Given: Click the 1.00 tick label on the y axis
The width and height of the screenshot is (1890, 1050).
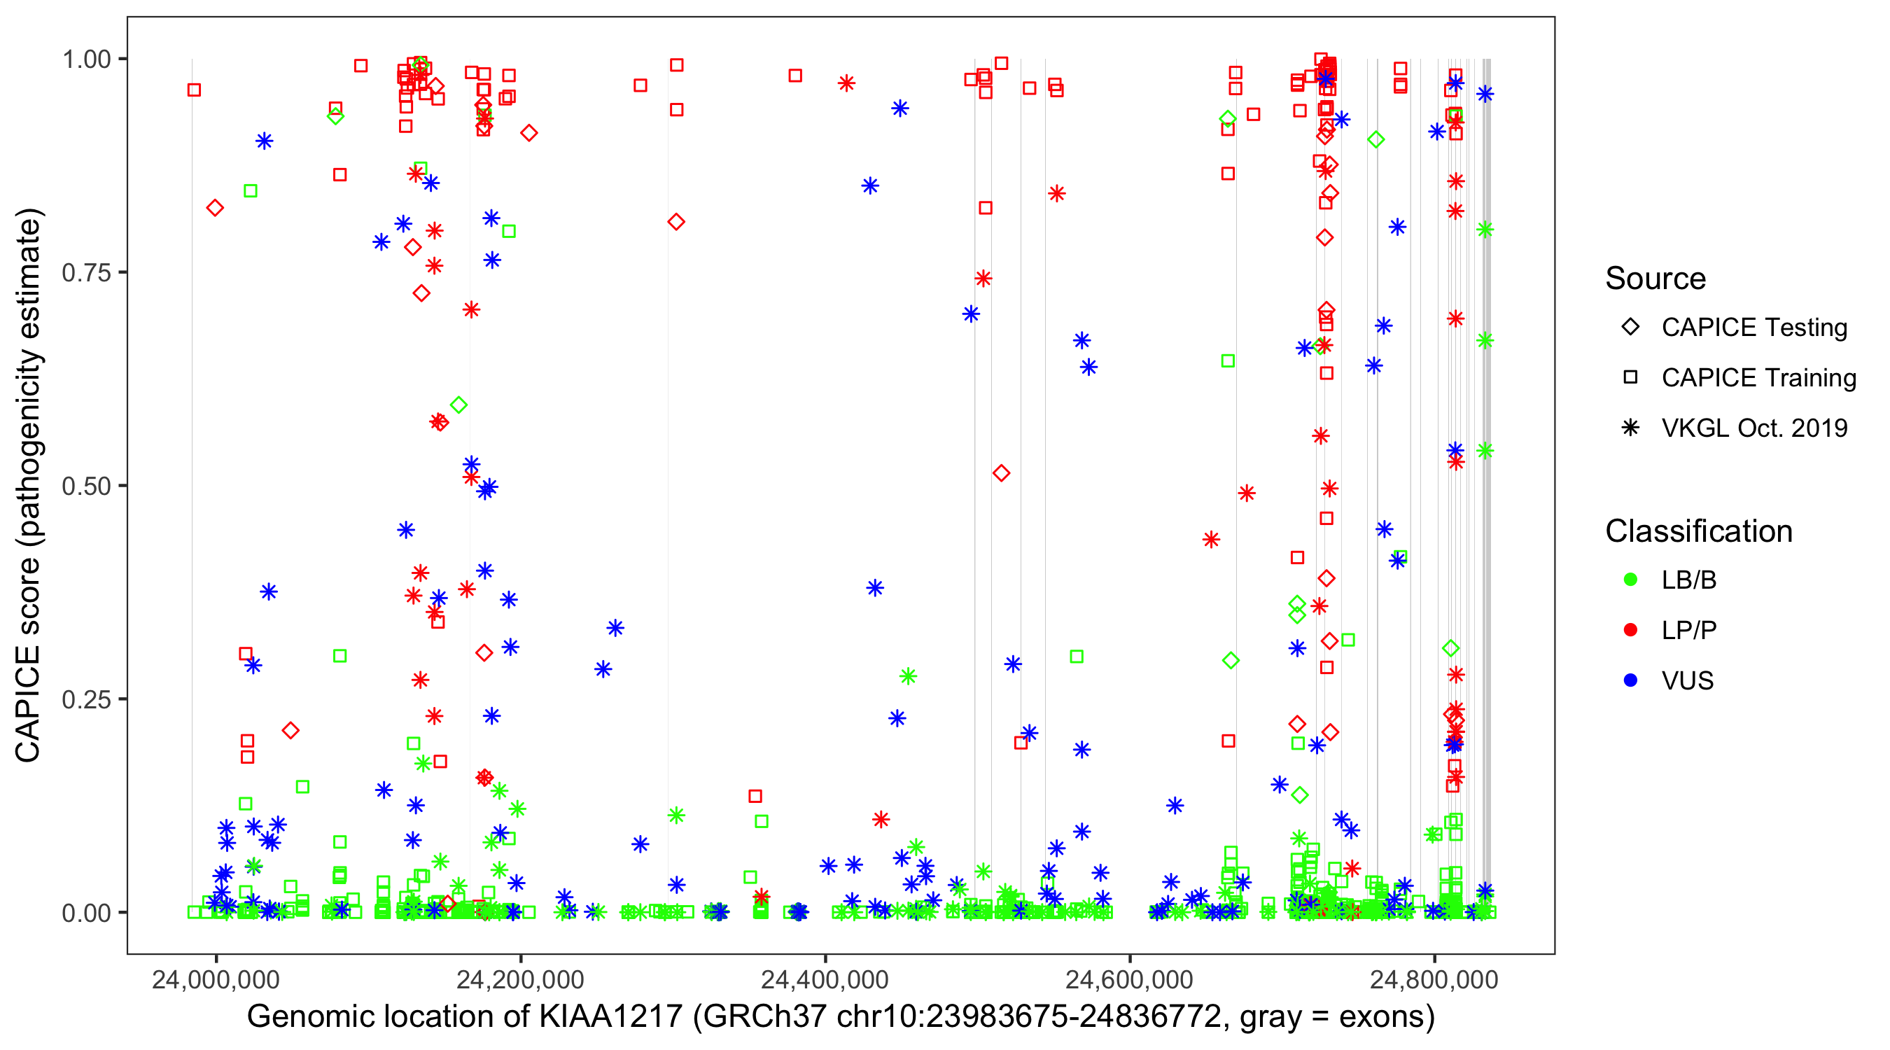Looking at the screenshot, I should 86,59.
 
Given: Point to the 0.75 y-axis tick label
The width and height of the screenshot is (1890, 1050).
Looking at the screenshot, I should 86,272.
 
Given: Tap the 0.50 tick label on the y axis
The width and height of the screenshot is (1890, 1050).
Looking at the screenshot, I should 86,486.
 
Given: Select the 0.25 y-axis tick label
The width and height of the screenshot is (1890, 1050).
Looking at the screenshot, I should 86,699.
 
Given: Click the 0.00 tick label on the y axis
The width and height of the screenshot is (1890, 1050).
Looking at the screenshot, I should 86,913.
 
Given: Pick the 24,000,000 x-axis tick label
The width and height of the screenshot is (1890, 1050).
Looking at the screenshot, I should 216,979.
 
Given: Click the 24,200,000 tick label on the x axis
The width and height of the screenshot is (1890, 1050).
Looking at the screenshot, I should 520,979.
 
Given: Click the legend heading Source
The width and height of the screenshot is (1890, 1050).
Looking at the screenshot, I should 1655,279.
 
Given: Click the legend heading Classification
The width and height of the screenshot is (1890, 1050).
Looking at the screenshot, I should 1698,531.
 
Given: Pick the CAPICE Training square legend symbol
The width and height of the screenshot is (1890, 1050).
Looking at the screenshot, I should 1631,377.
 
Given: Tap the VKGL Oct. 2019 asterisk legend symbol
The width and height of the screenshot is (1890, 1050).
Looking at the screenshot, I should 1631,428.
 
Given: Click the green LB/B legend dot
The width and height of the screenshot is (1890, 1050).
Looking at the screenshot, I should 1631,580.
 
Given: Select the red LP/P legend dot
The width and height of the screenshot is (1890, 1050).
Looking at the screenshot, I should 1631,630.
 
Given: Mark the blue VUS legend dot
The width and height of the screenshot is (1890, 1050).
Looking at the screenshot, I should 1631,680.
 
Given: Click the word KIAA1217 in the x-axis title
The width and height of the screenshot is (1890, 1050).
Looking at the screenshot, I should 611,1017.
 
